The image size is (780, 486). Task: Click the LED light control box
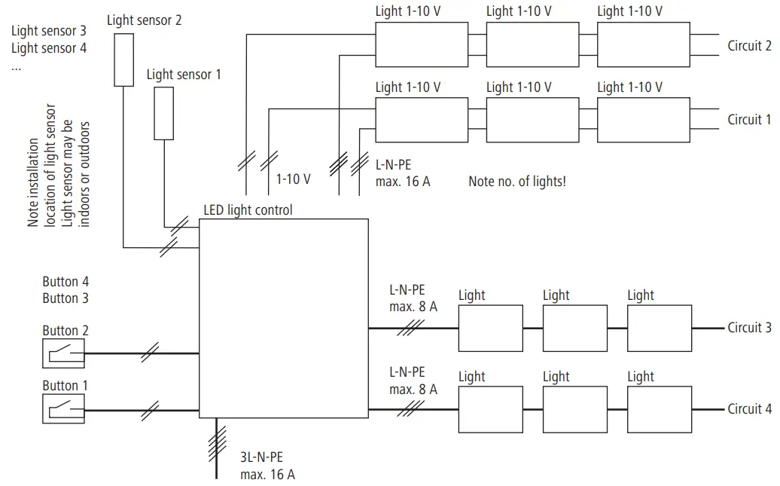(x=284, y=318)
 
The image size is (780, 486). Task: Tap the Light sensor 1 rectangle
(x=163, y=113)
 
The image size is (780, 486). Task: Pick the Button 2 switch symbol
(x=63, y=353)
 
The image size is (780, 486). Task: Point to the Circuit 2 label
(x=748, y=46)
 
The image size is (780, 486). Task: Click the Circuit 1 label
(x=748, y=119)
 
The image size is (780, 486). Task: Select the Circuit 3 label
(x=748, y=328)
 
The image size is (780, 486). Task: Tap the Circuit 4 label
(x=748, y=409)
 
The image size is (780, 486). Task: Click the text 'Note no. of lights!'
(x=516, y=182)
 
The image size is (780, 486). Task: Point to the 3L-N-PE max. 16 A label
(x=267, y=465)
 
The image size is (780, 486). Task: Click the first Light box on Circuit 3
(x=490, y=328)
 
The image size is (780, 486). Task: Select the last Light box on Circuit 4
(x=660, y=409)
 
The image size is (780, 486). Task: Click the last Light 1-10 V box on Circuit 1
(x=643, y=119)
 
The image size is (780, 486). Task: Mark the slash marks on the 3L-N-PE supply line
(x=217, y=445)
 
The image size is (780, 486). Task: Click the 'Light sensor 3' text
(x=49, y=32)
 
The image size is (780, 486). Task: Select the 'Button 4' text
(x=66, y=282)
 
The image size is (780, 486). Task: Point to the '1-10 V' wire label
(x=293, y=179)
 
